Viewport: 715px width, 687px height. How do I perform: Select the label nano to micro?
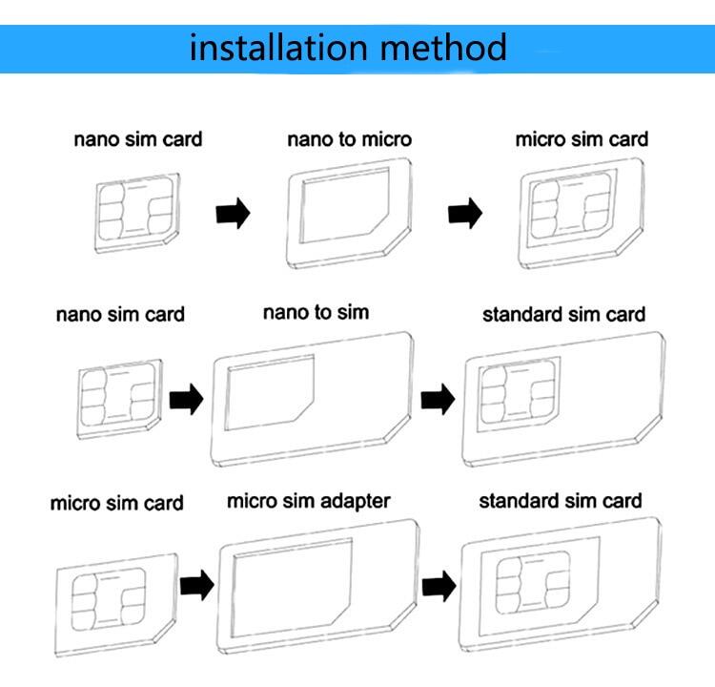click(x=350, y=139)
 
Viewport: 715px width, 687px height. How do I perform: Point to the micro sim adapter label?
click(x=309, y=500)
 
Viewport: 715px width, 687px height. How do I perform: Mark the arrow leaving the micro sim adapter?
click(x=439, y=582)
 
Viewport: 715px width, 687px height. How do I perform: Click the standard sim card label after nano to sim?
click(x=563, y=314)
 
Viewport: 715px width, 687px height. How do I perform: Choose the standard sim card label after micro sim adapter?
click(x=560, y=500)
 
